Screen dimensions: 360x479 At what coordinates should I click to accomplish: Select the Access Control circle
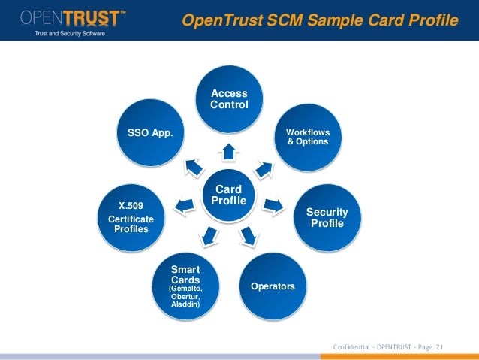229,100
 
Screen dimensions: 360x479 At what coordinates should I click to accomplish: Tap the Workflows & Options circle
308,137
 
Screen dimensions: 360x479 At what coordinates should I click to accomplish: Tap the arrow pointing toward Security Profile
275,204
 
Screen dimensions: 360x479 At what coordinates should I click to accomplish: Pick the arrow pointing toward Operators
249,237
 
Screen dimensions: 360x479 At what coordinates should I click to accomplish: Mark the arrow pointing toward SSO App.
191,165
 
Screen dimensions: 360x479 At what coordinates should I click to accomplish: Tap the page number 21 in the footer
440,346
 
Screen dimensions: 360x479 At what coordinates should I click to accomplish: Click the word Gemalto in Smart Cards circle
187,288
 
